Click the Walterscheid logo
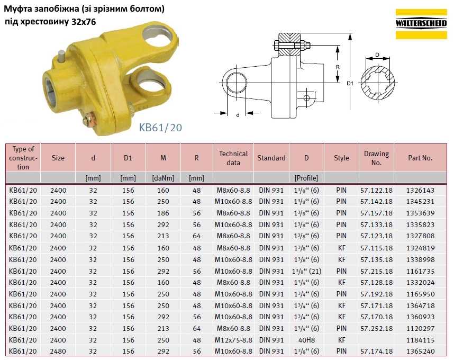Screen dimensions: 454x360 pos(421,24)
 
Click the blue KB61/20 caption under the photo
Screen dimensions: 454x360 pos(160,128)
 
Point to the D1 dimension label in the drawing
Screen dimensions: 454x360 pos(350,84)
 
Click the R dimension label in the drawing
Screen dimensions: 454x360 pos(337,67)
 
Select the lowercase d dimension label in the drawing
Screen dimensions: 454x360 pos(238,115)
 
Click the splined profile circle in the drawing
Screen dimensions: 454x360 pos(377,83)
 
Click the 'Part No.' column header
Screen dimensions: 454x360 pos(420,158)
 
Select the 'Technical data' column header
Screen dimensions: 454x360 pos(233,158)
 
